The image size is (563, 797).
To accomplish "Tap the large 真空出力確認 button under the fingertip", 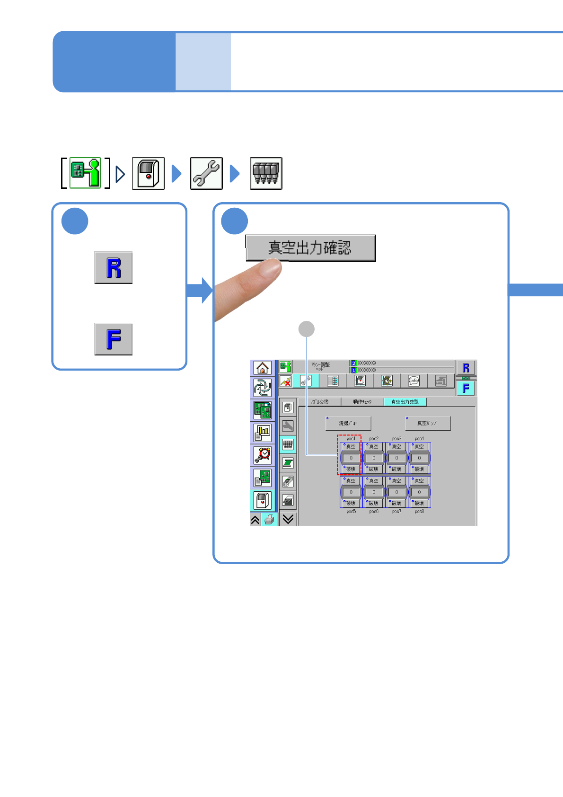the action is pos(310,248).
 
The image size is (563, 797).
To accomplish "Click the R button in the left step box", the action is pos(114,268).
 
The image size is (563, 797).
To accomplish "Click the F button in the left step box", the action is pos(114,339).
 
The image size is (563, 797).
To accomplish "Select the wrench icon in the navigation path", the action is pos(206,174).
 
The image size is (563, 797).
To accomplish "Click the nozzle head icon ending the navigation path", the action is pos(266,174).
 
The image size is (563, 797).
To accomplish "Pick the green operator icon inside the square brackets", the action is pos(86,173).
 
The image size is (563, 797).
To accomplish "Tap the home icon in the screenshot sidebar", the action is pos(263,368).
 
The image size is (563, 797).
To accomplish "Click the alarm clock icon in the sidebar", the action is pos(263,455).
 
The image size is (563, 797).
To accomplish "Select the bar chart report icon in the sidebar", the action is pos(263,432).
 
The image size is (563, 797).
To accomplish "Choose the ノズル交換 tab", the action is pos(319,402).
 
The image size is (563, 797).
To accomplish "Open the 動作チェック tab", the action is pos(362,402).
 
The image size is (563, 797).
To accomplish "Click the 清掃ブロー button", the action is pos(348,423).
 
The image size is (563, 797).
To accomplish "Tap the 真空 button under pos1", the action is pos(351,446).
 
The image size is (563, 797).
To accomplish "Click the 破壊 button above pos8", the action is pos(419,503).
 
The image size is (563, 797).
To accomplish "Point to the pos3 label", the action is pos(396,439).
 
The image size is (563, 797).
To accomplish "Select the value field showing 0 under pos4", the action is pos(419,458).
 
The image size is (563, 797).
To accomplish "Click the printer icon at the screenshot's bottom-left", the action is pos(269,520).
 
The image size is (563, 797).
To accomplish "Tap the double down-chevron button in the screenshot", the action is pos(288,519).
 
